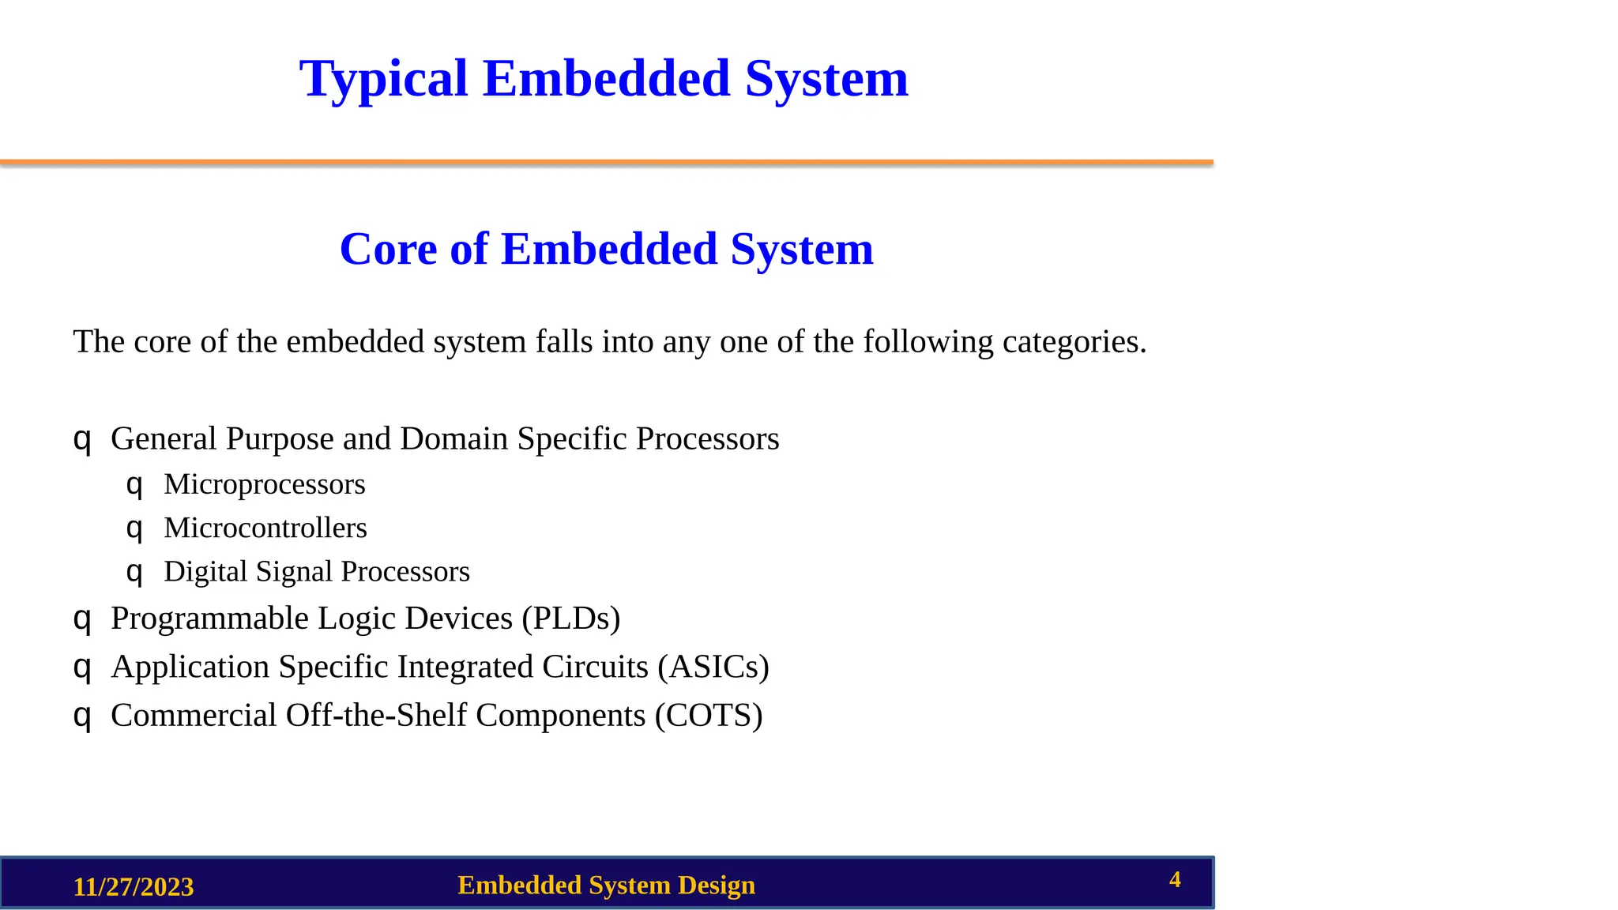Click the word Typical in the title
tap(384, 79)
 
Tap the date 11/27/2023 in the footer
tap(134, 886)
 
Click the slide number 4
tap(1175, 879)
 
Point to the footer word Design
tap(716, 886)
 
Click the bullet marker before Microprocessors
tap(134, 484)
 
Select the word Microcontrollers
tap(265, 528)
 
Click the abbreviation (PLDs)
tap(571, 619)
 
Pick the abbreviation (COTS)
tap(709, 716)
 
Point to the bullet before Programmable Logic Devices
tap(82, 619)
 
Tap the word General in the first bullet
tap(164, 439)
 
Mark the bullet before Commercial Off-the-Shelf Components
tap(82, 716)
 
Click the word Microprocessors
tap(265, 484)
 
